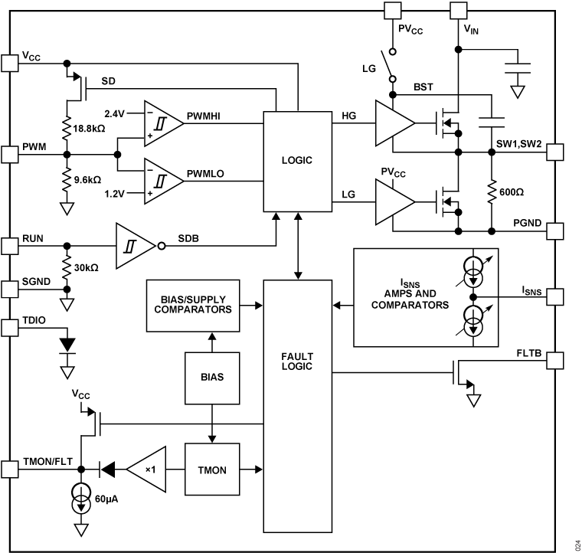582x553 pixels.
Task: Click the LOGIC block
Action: [x=297, y=162]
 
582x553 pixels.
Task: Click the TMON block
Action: [x=211, y=468]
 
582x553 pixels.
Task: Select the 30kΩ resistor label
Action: [x=86, y=267]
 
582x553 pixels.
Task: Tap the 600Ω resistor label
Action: [x=512, y=192]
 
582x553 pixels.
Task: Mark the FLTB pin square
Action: [x=554, y=359]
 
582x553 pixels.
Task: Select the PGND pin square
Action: [x=554, y=231]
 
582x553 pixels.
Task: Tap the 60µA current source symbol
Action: [x=80, y=493]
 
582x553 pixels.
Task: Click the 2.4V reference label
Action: [x=115, y=112]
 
